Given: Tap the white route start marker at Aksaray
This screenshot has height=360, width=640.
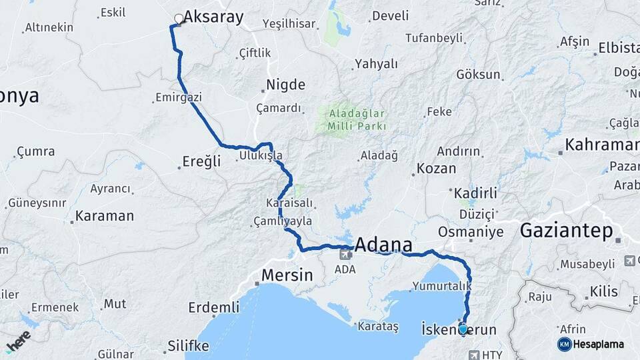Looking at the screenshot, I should click(x=179, y=19).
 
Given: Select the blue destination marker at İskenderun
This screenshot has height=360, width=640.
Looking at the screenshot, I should click(x=463, y=329).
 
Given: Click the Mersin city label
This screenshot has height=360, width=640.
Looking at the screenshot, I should click(x=287, y=274).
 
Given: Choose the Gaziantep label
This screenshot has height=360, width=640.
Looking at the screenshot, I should click(x=566, y=231).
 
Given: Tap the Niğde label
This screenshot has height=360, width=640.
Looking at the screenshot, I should click(x=286, y=85).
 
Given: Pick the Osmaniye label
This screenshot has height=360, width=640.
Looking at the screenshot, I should click(x=471, y=231).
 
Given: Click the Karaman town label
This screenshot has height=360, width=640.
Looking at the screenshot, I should click(x=105, y=216).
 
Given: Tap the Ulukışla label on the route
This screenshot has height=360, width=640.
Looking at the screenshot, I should click(x=261, y=156).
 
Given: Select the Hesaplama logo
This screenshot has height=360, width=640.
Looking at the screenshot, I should click(x=591, y=344).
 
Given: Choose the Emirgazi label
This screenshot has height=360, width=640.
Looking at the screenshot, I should click(x=178, y=97).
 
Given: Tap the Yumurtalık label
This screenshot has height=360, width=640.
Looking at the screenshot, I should click(x=442, y=286).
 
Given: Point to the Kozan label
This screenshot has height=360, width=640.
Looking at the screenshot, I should click(x=437, y=169).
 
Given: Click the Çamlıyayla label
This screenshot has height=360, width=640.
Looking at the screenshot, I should click(x=283, y=221).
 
